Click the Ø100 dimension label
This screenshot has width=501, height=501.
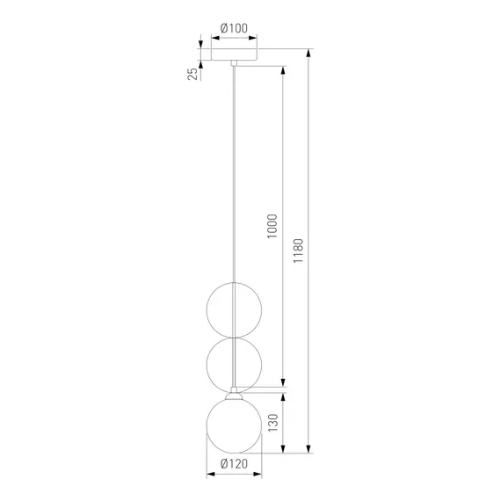tap(234, 28)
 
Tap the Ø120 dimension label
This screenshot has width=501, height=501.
tap(234, 463)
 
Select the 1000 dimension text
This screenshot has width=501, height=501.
tap(272, 226)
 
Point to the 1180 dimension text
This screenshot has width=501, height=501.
tap(298, 250)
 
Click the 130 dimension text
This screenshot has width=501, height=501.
tap(272, 423)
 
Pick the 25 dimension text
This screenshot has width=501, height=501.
tap(192, 74)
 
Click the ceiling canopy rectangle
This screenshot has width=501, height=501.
tap(234, 54)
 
